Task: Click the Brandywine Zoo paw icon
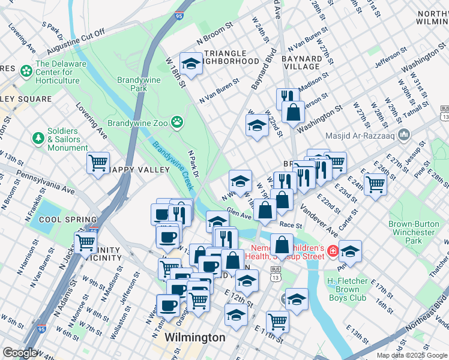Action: (176, 123)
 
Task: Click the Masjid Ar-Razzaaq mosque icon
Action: (403, 134)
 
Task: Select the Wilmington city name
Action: (195, 337)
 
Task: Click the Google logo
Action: (20, 353)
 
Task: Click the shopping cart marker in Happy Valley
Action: (98, 162)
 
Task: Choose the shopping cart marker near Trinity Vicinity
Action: (86, 243)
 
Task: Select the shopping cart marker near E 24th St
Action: (375, 184)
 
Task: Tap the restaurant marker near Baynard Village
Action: (288, 97)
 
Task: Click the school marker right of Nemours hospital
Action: (350, 250)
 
